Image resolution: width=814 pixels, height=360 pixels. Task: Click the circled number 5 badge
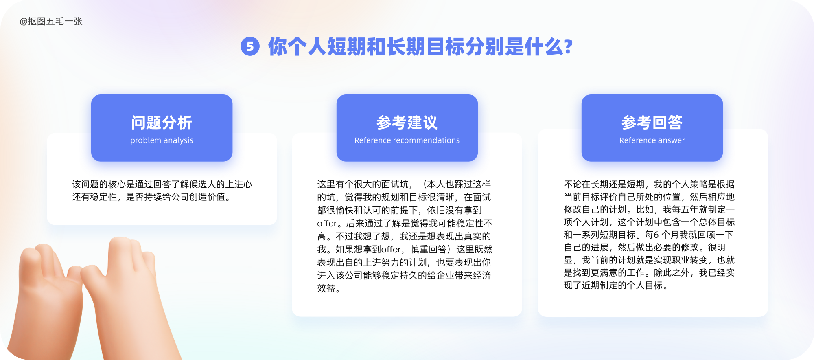[250, 46]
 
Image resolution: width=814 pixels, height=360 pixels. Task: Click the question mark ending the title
[569, 46]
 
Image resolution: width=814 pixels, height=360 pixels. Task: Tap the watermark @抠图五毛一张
[51, 22]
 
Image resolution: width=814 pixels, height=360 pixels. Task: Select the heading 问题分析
[162, 123]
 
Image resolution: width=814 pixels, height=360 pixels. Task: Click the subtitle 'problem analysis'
[162, 140]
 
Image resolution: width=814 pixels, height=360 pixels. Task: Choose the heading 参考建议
[407, 123]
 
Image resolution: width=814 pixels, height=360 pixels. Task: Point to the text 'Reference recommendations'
[407, 140]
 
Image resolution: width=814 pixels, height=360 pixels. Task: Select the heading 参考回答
[652, 123]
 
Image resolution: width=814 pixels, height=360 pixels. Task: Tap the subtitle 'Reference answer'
[652, 140]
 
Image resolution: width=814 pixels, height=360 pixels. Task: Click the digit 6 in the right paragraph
[656, 235]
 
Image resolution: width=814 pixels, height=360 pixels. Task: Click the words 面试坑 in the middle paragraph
[395, 184]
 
